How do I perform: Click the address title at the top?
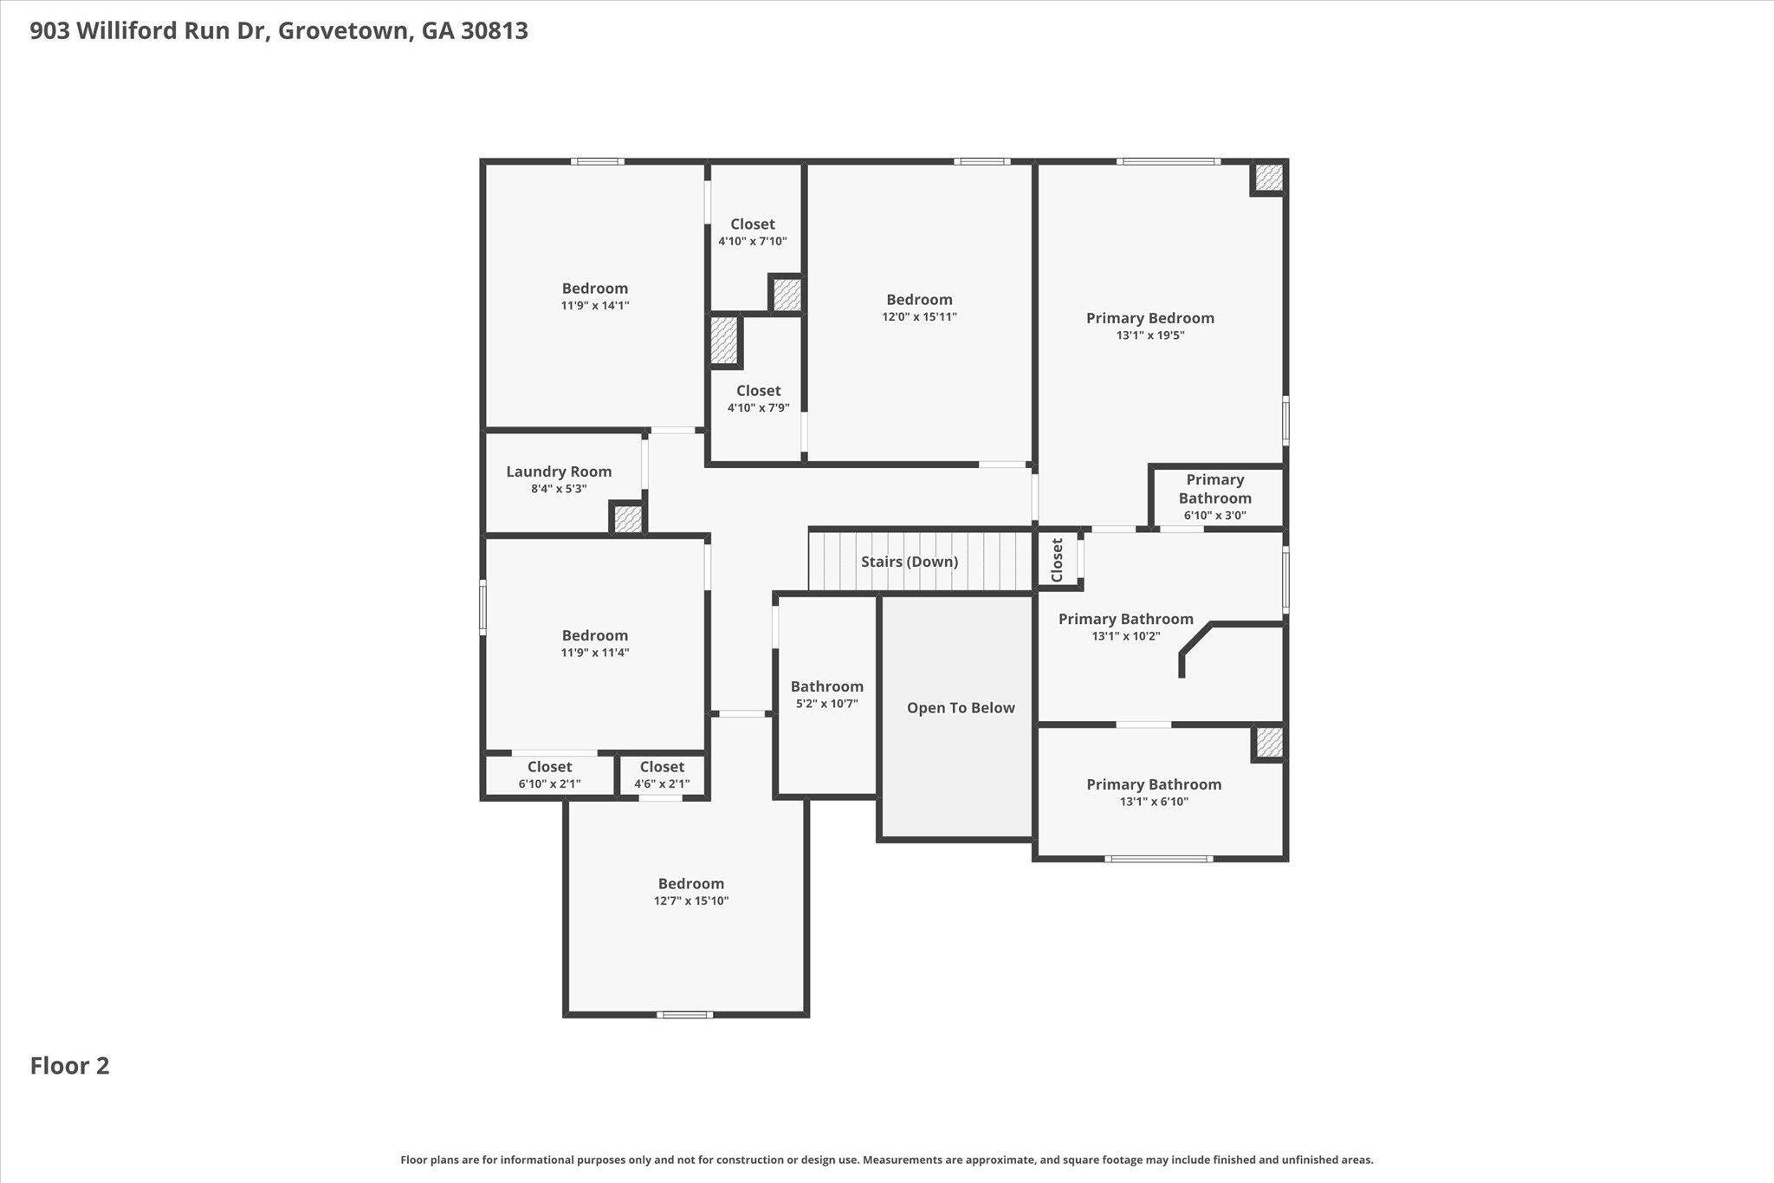pyautogui.click(x=279, y=31)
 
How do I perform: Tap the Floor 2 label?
pyautogui.click(x=69, y=1066)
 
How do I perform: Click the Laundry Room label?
pyautogui.click(x=559, y=471)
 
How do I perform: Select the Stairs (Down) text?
pyautogui.click(x=909, y=562)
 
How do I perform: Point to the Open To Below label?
pyautogui.click(x=960, y=708)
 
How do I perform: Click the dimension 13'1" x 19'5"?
pyautogui.click(x=1149, y=335)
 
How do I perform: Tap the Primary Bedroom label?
pyautogui.click(x=1149, y=318)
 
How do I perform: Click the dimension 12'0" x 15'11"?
pyautogui.click(x=919, y=317)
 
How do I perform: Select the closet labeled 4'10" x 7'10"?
pyautogui.click(x=752, y=232)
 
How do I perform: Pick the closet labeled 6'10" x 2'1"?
pyautogui.click(x=549, y=775)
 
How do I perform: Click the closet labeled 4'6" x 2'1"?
pyautogui.click(x=662, y=775)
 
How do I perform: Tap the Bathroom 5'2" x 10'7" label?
pyautogui.click(x=826, y=694)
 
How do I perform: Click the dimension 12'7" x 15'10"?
pyautogui.click(x=690, y=901)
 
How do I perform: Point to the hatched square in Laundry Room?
pyautogui.click(x=627, y=519)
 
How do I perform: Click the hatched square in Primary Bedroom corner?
pyautogui.click(x=1268, y=179)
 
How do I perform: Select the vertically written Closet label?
pyautogui.click(x=1057, y=560)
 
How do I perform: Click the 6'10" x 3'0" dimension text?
pyautogui.click(x=1214, y=516)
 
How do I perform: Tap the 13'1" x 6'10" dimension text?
pyautogui.click(x=1154, y=802)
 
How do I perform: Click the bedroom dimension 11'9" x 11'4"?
pyautogui.click(x=594, y=653)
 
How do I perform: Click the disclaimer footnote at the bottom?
pyautogui.click(x=886, y=1160)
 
